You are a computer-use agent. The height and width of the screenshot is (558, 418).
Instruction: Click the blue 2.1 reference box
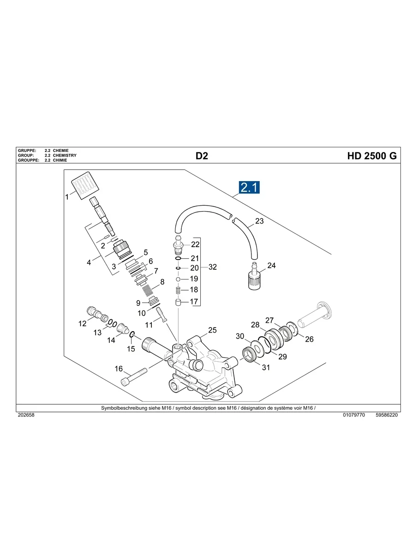point(249,188)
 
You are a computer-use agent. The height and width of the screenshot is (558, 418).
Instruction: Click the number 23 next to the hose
point(259,221)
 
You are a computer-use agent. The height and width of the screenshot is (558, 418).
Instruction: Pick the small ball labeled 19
point(178,279)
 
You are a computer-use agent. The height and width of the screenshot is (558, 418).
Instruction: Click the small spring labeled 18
point(178,290)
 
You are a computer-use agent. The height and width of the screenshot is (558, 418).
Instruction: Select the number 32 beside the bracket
point(212,267)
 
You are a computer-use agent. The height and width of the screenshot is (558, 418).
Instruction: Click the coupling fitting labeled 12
point(96,315)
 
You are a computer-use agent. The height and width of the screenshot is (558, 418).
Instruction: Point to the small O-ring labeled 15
point(131,334)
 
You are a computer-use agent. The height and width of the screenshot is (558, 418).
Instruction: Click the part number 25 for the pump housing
point(212,330)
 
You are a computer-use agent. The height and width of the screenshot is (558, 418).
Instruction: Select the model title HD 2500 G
point(371,156)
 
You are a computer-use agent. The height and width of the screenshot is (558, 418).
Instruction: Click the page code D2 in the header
point(202,156)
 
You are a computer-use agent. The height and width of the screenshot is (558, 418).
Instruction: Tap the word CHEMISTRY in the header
point(65,156)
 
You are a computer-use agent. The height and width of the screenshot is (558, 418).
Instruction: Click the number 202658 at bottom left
point(26,415)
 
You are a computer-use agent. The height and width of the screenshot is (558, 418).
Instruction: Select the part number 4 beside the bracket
point(89,263)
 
